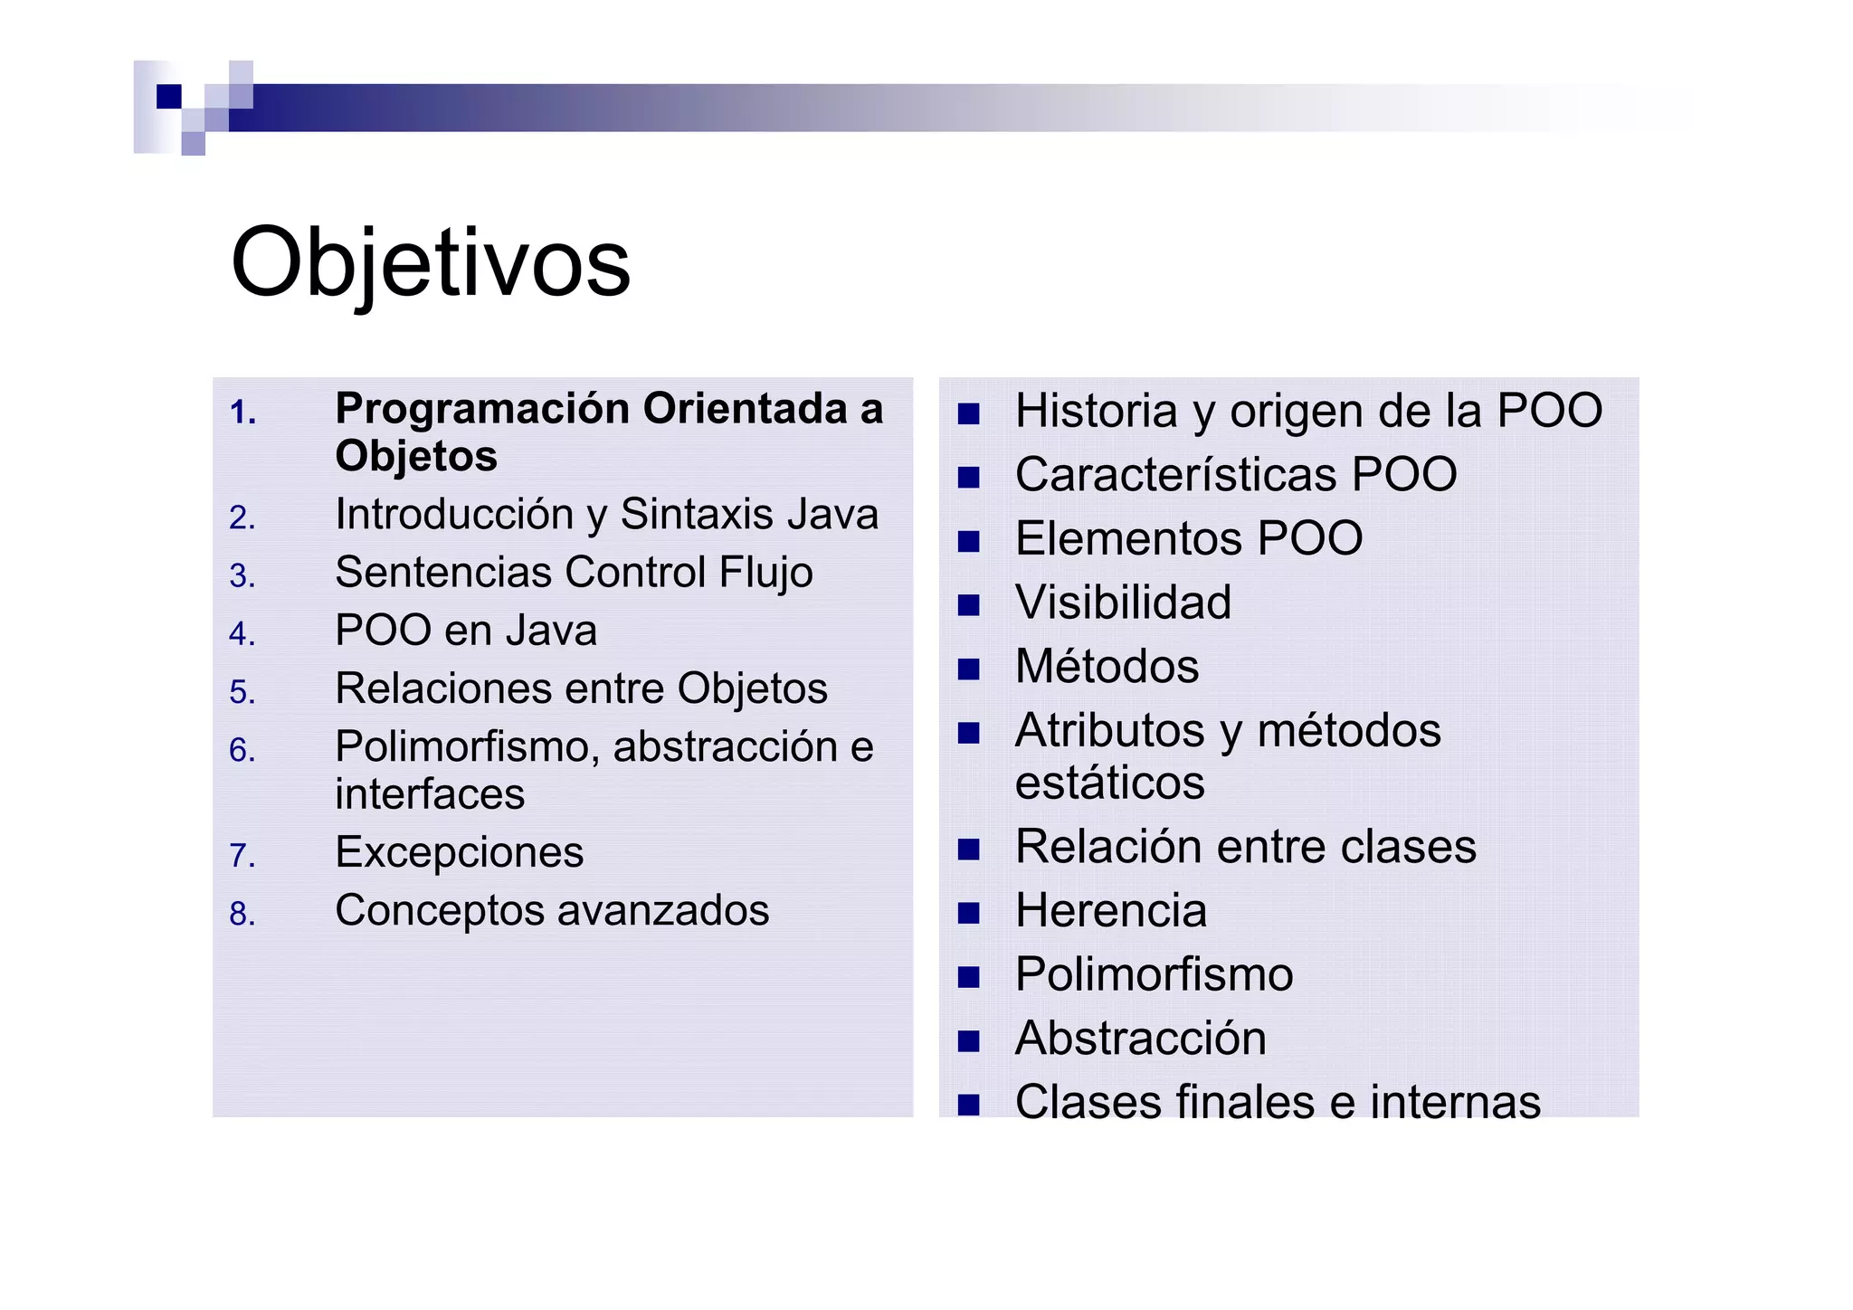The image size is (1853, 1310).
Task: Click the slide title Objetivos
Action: click(430, 263)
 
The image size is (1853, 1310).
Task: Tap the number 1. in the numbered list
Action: click(242, 413)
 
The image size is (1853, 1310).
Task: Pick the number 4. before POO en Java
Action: click(242, 633)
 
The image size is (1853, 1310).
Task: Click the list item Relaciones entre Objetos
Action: click(581, 688)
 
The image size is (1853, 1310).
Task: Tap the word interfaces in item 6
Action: click(430, 794)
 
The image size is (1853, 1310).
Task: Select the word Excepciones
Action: click(459, 852)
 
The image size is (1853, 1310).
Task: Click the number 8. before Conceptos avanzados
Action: click(242, 914)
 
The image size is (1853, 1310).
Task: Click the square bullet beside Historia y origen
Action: click(968, 413)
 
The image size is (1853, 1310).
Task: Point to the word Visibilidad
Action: click(1123, 603)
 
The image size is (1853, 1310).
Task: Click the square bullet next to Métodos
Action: click(968, 669)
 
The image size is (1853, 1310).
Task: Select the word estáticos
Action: click(1109, 783)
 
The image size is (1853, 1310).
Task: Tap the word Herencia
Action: click(1110, 911)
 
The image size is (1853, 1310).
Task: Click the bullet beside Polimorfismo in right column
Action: click(968, 977)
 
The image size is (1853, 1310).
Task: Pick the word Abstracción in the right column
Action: click(1140, 1039)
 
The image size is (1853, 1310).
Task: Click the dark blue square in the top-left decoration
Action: click(169, 96)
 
